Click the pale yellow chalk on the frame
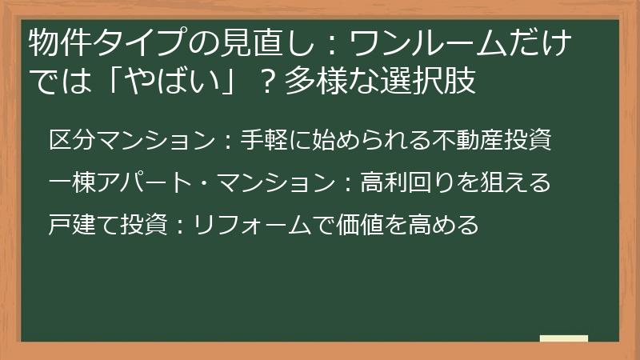[x=563, y=339]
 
